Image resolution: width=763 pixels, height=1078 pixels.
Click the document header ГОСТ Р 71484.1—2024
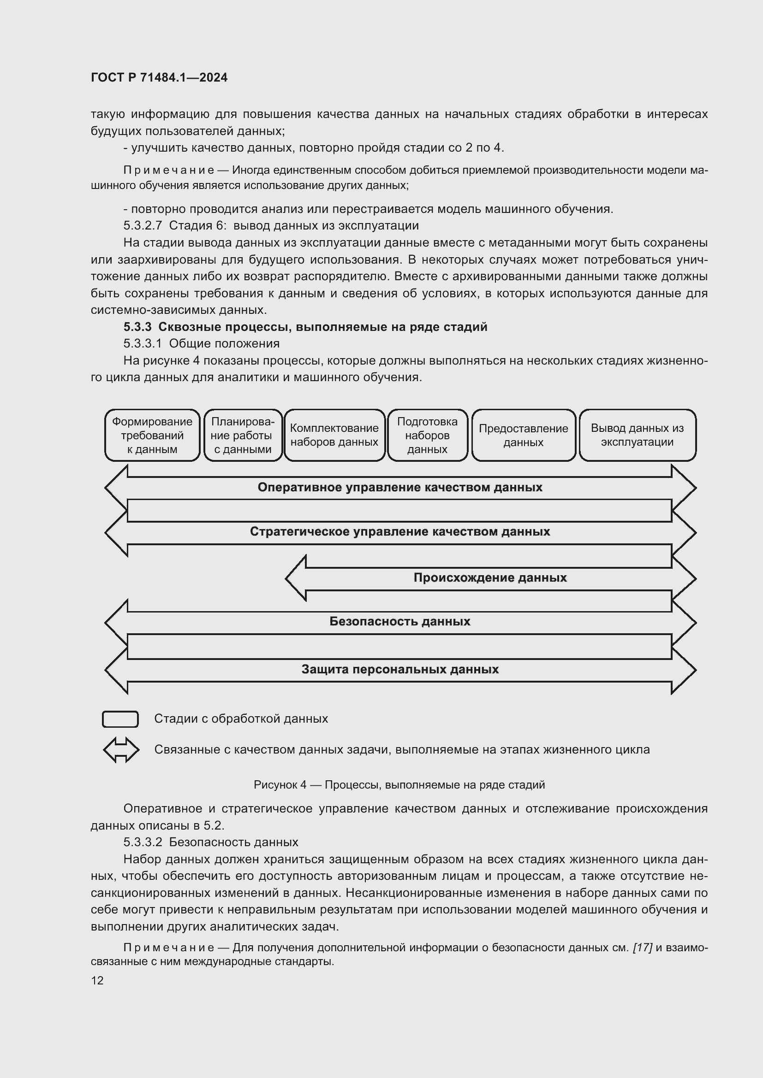159,77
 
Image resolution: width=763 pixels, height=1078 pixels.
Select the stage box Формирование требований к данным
152,435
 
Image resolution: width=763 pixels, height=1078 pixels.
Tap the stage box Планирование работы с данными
243,435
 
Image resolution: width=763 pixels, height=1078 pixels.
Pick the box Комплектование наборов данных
334,435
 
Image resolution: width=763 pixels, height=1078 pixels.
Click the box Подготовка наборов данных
427,435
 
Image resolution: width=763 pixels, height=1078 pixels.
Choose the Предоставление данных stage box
523,435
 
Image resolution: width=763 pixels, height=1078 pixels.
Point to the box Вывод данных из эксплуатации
637,435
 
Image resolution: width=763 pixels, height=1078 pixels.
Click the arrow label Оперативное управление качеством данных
400,487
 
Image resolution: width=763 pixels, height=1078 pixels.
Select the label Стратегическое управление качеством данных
400,531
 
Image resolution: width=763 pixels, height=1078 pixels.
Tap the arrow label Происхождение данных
490,577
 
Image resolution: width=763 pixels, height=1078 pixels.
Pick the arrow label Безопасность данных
400,622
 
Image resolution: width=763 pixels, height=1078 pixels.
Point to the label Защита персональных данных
400,669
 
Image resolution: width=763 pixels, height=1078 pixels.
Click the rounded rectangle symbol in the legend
120,719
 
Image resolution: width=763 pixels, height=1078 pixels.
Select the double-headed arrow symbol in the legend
121,749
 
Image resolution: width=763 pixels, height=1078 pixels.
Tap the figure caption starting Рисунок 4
399,784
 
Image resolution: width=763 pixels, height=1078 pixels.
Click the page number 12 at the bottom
97,980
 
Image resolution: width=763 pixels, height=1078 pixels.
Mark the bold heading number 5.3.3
137,327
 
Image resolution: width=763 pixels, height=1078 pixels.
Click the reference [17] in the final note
642,948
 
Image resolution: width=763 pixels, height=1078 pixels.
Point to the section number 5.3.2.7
143,225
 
